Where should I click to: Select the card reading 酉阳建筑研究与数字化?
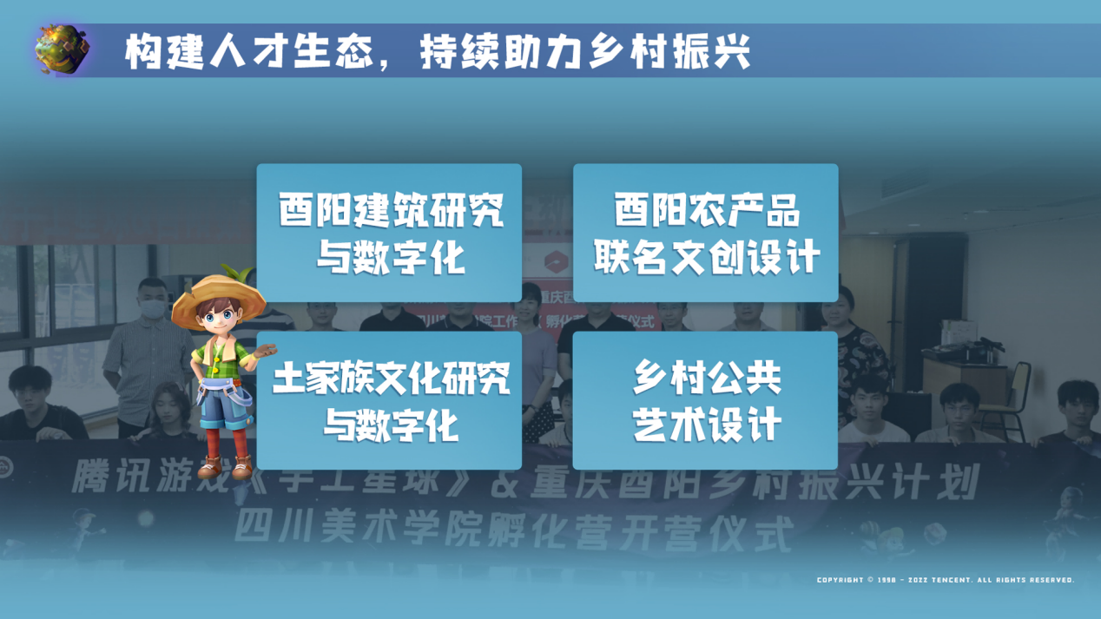coord(389,233)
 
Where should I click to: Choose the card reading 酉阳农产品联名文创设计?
coord(705,233)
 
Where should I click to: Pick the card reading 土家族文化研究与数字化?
coord(389,400)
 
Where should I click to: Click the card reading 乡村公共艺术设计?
coord(705,400)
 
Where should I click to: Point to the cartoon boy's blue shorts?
coord(225,407)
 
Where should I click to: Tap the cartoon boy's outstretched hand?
coord(264,352)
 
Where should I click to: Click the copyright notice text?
coord(945,580)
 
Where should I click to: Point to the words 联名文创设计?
coord(707,258)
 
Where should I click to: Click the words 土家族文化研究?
coord(391,379)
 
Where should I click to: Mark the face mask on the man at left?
coord(154,307)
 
